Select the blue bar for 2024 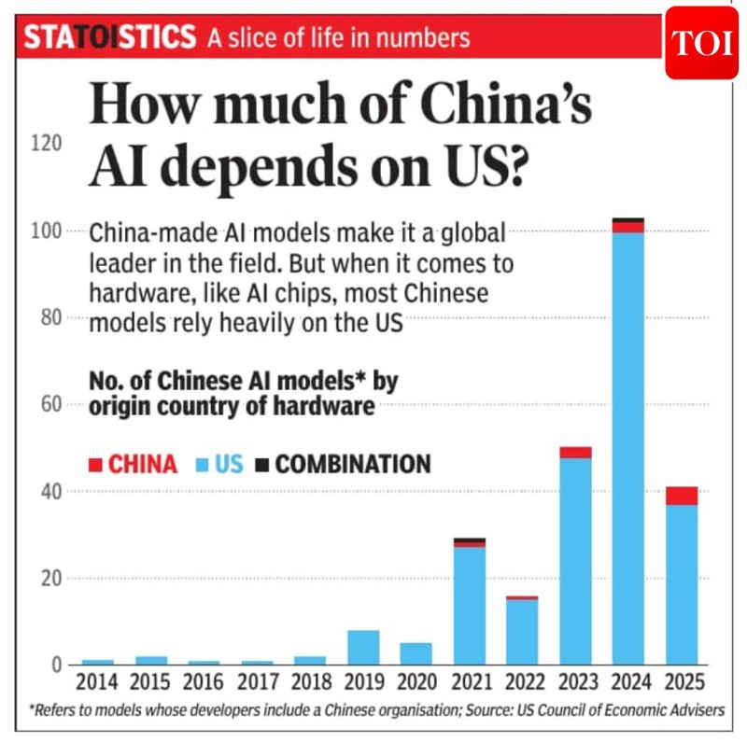pyautogui.click(x=628, y=448)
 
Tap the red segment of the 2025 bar pyautogui.click(x=682, y=495)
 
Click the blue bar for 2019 pyautogui.click(x=363, y=647)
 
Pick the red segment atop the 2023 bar pyautogui.click(x=576, y=452)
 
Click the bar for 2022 pyautogui.click(x=523, y=631)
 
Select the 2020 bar pyautogui.click(x=416, y=653)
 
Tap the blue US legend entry pyautogui.click(x=218, y=464)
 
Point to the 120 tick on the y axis pyautogui.click(x=48, y=144)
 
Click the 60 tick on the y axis pyautogui.click(x=51, y=404)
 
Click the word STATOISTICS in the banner pyautogui.click(x=110, y=38)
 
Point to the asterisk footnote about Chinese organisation pyautogui.click(x=373, y=710)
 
